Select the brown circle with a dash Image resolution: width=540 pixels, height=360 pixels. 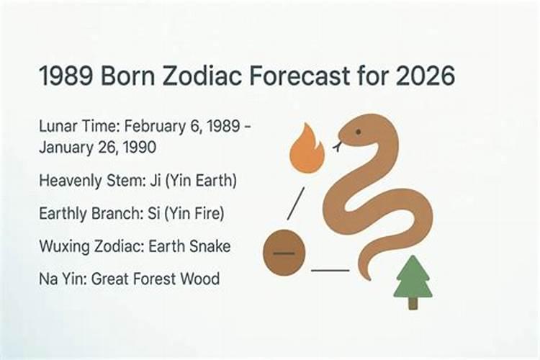tap(284, 253)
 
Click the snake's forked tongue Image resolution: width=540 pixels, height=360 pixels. tap(336, 147)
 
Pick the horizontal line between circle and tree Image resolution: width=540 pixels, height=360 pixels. tap(330, 271)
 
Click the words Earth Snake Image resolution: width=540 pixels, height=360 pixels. tap(189, 246)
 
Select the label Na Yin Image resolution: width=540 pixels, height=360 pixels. tap(60, 278)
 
